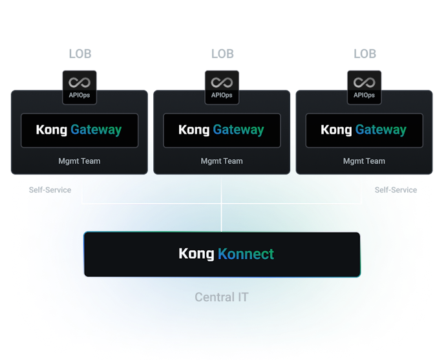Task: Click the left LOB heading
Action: tap(80, 54)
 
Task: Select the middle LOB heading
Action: tap(222, 54)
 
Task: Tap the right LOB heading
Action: tap(364, 54)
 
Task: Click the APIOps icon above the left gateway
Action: tap(80, 87)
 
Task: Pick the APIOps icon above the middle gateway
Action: tap(222, 87)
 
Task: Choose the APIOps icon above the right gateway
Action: tap(364, 87)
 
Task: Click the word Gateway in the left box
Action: tap(96, 130)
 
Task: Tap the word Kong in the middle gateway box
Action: tap(194, 130)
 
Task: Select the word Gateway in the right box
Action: tap(381, 130)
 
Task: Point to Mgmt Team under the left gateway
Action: tap(80, 161)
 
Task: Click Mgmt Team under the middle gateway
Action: tap(222, 161)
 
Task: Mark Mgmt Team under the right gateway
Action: tap(364, 161)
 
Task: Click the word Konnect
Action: tap(246, 254)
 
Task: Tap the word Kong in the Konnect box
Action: tap(196, 254)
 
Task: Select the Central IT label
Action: tap(222, 297)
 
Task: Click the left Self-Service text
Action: tap(50, 190)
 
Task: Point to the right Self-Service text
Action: tap(396, 190)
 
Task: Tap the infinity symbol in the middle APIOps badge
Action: tap(222, 83)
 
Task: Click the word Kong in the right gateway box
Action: tap(336, 130)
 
